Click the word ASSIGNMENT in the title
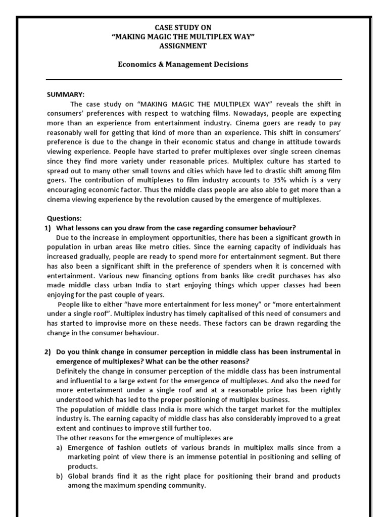click(x=194, y=46)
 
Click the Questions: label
click(x=64, y=218)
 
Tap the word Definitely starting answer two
click(x=73, y=371)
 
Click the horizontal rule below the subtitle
click(x=194, y=79)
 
